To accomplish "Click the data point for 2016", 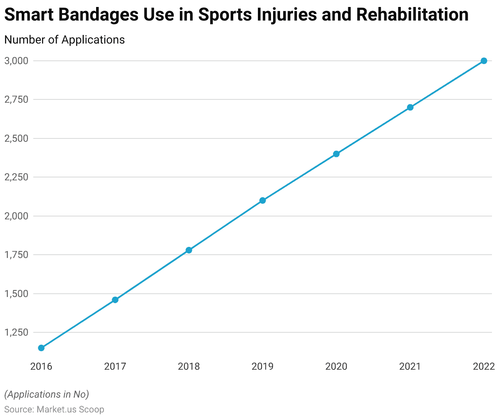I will point(41,348).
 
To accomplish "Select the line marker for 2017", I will point(115,300).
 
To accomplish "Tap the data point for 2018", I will point(189,250).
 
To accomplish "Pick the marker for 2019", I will point(262,200).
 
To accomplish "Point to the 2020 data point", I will point(336,154).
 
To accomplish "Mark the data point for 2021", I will point(410,107).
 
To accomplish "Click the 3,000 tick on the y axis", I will point(16,61).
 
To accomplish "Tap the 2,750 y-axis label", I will point(16,99).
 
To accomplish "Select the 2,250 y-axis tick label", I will point(16,177).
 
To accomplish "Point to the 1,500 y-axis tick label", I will point(16,294).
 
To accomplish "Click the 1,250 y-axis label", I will point(16,332).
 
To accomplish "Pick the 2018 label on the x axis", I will point(189,366).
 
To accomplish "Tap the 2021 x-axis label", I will point(410,366).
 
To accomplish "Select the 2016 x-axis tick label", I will point(41,366).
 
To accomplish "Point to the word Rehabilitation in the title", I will point(412,15).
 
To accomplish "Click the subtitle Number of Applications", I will point(64,39).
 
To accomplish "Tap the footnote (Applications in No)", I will point(46,394).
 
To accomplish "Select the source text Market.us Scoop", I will point(70,410).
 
